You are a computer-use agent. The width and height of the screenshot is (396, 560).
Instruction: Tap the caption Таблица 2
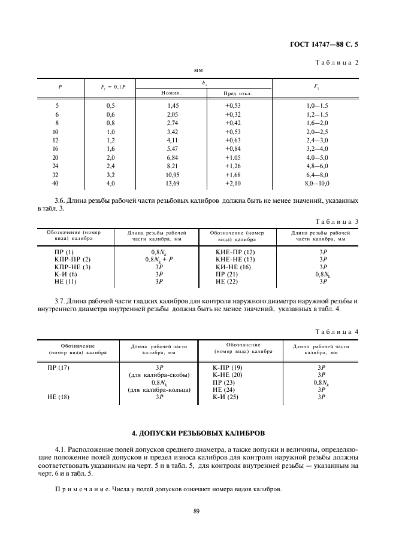pyautogui.click(x=337, y=62)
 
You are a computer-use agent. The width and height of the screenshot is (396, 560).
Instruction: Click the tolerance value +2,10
pyautogui.click(x=233, y=182)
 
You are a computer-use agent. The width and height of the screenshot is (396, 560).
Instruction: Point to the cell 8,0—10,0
pyautogui.click(x=318, y=182)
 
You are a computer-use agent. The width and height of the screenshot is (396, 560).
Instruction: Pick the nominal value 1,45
pyautogui.click(x=174, y=105)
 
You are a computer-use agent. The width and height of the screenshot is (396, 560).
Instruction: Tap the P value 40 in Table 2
pyautogui.click(x=56, y=182)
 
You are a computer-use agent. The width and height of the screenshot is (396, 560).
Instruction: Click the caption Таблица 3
pyautogui.click(x=337, y=221)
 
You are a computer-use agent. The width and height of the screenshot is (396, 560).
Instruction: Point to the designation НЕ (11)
pyautogui.click(x=65, y=281)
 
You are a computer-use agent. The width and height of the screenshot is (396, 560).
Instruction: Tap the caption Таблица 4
pyautogui.click(x=337, y=331)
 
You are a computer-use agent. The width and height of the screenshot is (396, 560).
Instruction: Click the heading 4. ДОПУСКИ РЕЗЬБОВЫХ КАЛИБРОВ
pyautogui.click(x=198, y=432)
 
